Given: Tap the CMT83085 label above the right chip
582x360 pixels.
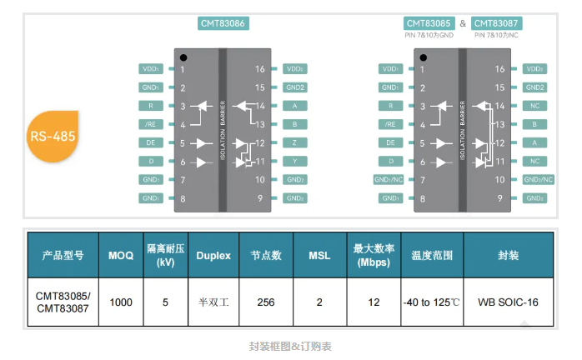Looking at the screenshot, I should coord(429,24).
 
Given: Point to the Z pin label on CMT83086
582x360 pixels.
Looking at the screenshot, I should coord(294,142).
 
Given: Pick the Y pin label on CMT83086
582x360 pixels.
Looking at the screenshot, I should coord(294,161).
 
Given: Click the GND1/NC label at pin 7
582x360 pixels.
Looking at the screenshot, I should coord(389,179).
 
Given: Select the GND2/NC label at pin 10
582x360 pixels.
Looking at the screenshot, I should coord(535,179).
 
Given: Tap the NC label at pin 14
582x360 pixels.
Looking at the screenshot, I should coord(535,106).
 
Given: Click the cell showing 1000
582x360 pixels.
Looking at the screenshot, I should coord(121,302).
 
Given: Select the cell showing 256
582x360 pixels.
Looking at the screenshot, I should coord(266,302).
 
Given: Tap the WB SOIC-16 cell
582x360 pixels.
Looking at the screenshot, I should coord(508,302).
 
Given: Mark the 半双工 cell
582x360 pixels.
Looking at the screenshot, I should coord(213,302).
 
